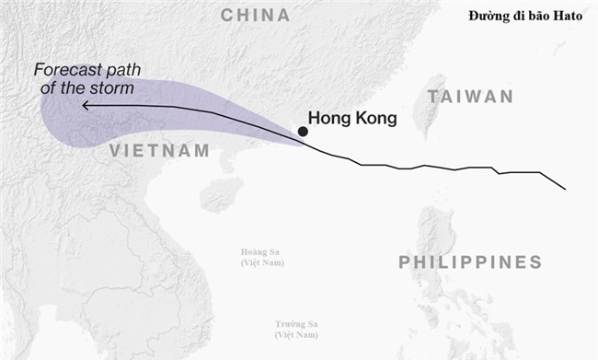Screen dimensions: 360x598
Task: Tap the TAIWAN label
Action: (469, 96)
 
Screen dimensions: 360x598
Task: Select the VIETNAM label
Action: (159, 151)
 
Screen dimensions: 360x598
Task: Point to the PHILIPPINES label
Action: (470, 263)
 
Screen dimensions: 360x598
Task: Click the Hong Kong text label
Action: (351, 118)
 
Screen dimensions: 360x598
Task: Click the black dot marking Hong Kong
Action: (303, 132)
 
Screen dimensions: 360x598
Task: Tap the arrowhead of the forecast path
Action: (85, 106)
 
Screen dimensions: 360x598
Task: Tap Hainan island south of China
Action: (221, 194)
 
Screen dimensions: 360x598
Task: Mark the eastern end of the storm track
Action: (564, 189)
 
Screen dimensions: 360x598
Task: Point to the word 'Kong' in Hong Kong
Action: (376, 118)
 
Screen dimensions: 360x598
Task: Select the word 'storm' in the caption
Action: (114, 88)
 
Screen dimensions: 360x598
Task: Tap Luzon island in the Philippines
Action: (437, 239)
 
